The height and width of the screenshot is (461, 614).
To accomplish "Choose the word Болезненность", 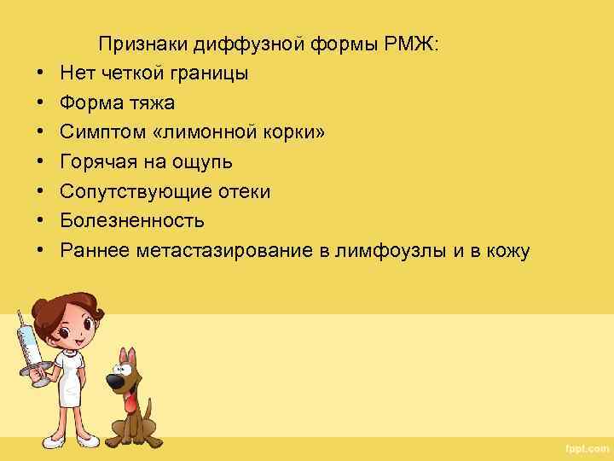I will (132, 221).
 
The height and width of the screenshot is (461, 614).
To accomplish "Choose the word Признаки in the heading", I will (143, 44).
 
